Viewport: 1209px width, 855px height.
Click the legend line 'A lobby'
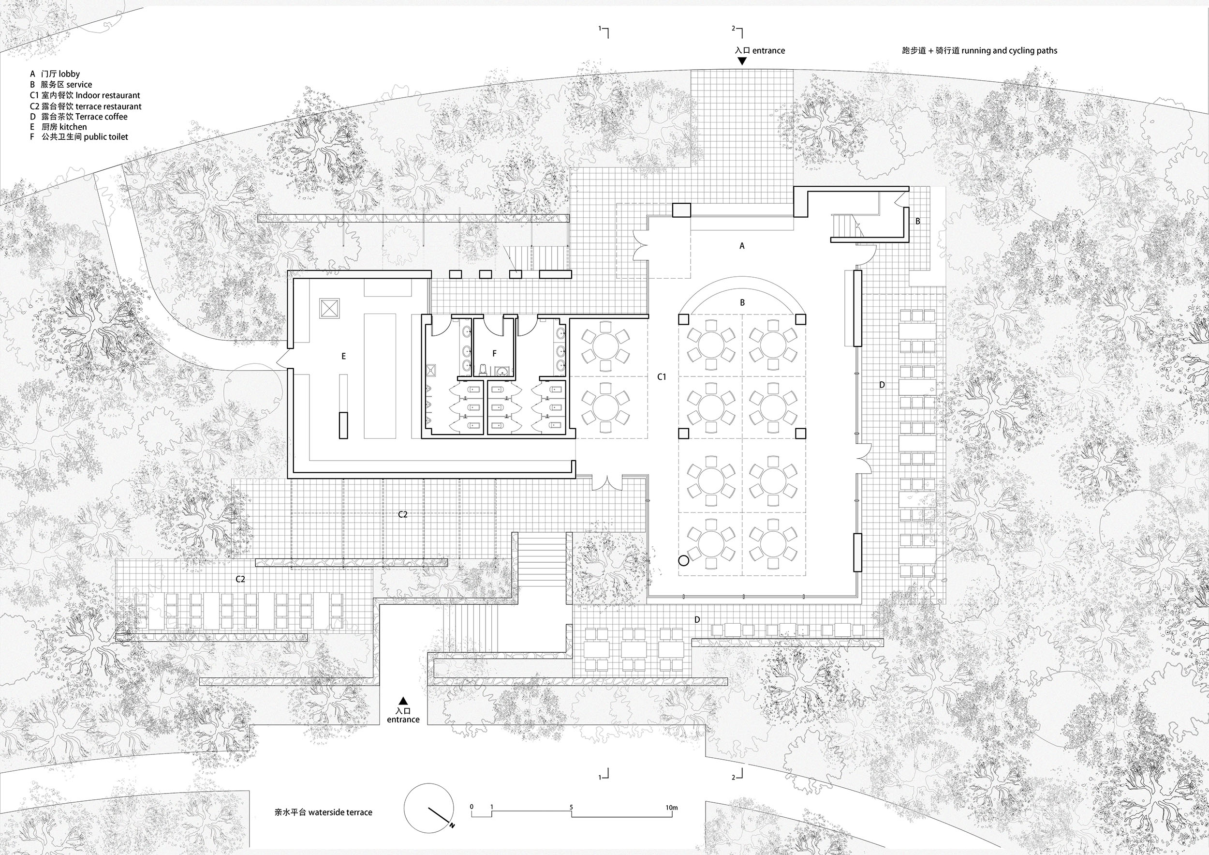[x=55, y=75]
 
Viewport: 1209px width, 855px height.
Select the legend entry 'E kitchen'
[x=59, y=127]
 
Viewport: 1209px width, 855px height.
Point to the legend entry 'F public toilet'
[x=79, y=137]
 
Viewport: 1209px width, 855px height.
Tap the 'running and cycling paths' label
[x=979, y=51]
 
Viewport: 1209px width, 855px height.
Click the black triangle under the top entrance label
[x=742, y=61]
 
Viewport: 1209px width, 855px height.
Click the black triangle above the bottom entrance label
[x=403, y=701]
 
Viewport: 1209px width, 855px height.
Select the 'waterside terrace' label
[x=324, y=812]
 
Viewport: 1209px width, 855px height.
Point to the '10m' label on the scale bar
[x=671, y=808]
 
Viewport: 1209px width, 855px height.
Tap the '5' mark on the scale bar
[x=571, y=808]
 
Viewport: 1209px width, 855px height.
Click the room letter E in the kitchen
[x=343, y=357]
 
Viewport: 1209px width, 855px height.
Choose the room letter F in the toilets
[x=494, y=354]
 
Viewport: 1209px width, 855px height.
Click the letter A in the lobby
[x=742, y=245]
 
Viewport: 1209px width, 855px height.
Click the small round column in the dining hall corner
[x=683, y=560]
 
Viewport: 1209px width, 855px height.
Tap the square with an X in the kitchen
[x=330, y=307]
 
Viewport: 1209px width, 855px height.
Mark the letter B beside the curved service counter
[x=742, y=303]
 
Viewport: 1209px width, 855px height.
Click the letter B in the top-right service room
[x=918, y=221]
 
